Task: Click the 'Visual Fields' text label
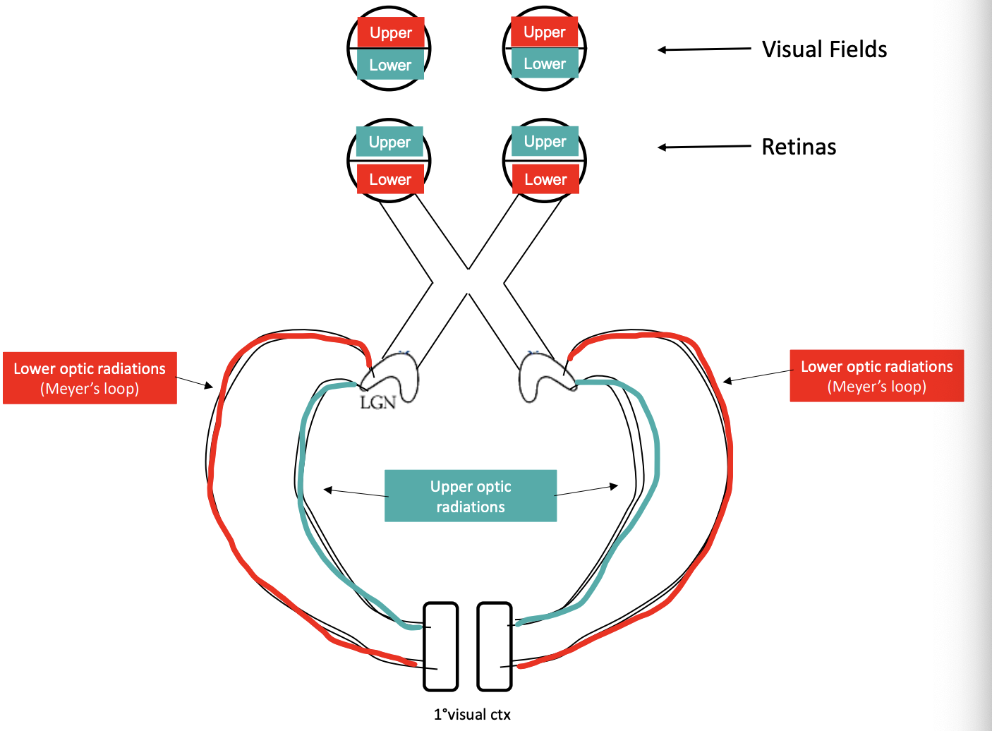[824, 49]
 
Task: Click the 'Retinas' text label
[799, 147]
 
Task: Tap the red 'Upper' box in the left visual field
[390, 32]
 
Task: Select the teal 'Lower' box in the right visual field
[545, 64]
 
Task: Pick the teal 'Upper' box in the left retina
[389, 142]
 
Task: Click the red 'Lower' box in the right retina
[545, 179]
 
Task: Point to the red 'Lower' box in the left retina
[390, 179]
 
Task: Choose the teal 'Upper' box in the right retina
[545, 141]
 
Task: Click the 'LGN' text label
[377, 403]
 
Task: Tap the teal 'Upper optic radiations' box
[471, 496]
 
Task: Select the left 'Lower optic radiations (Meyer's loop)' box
[90, 378]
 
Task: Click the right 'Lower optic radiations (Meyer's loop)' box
[876, 376]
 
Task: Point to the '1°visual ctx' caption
[472, 714]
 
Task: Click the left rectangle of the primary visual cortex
[441, 646]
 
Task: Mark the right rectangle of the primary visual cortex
[495, 646]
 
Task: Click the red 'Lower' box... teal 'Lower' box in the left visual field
[390, 65]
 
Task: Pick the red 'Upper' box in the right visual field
[545, 32]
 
